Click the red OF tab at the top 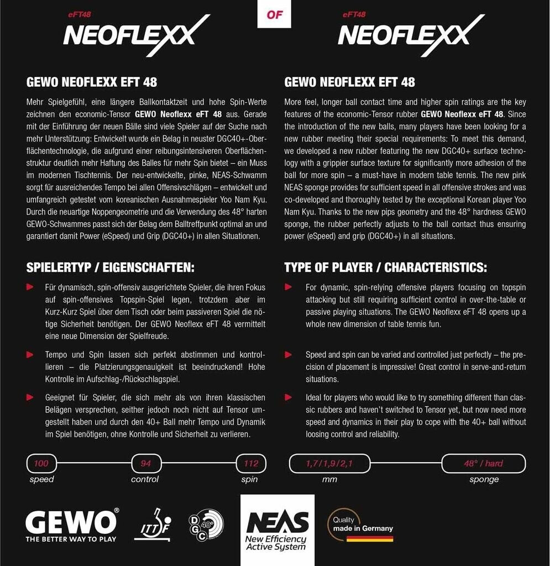point(274,14)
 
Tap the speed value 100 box point(41,464)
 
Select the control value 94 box point(145,464)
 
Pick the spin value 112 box point(251,464)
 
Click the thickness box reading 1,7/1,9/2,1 point(329,464)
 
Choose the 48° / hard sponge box point(484,464)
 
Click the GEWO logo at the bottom point(71,521)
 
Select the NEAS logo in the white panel point(277,522)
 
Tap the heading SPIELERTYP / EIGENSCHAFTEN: point(111,268)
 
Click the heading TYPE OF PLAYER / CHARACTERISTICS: point(385,268)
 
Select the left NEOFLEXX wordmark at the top point(130,36)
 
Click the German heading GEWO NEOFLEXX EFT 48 point(92,82)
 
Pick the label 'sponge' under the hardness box point(484,479)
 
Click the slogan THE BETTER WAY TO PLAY point(71,539)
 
